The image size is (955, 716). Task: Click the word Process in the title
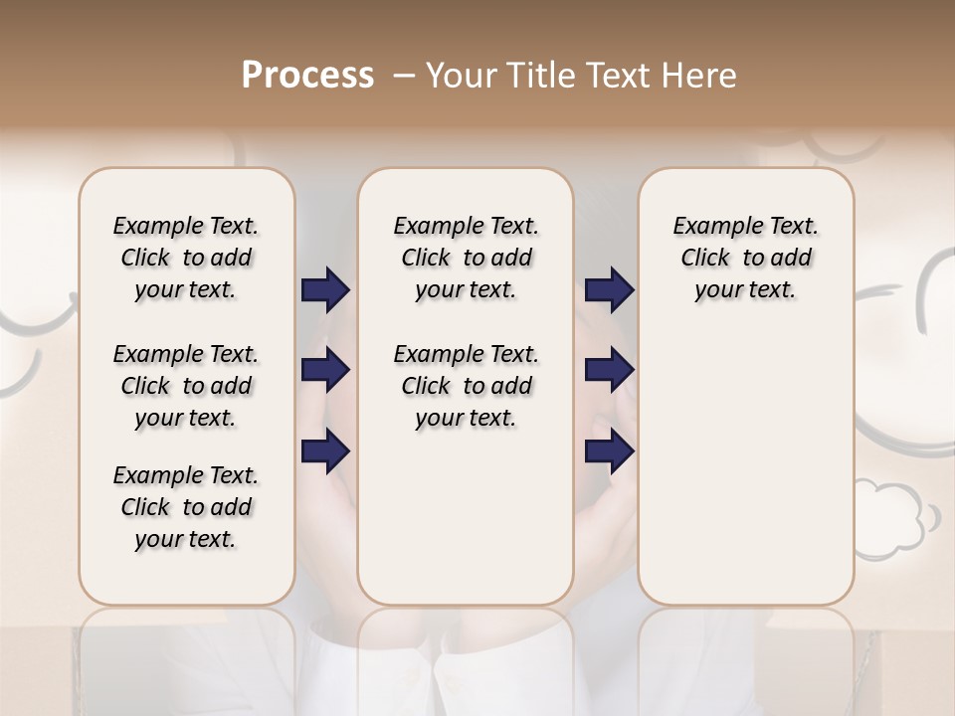(x=307, y=76)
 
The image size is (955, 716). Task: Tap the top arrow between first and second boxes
(x=325, y=289)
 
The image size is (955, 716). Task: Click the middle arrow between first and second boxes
(x=325, y=370)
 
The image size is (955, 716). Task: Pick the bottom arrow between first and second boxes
(x=325, y=450)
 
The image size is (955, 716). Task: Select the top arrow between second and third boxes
(x=609, y=289)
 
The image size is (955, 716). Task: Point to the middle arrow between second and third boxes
(x=609, y=370)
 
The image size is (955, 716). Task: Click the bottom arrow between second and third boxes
(x=609, y=450)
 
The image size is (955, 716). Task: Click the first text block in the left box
(x=186, y=258)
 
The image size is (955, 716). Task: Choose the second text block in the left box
(x=186, y=386)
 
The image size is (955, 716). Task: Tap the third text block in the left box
(x=186, y=507)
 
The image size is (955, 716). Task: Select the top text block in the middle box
(x=466, y=258)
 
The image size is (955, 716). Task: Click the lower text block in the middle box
(x=466, y=386)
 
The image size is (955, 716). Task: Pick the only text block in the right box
(x=745, y=258)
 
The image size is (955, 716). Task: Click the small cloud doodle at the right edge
(x=895, y=517)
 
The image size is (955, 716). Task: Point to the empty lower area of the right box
(x=745, y=467)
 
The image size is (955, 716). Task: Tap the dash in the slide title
(x=404, y=77)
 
